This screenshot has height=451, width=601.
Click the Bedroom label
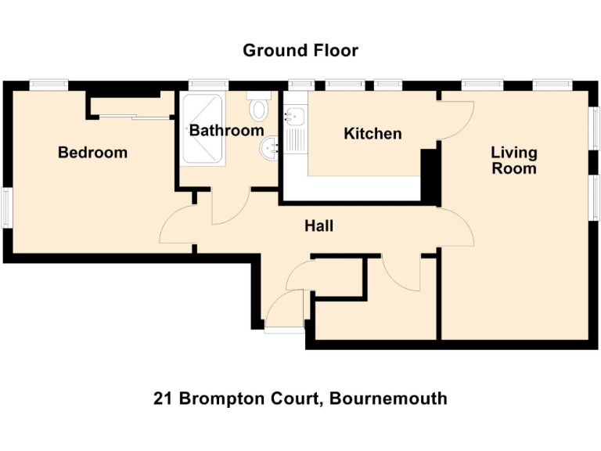(92, 153)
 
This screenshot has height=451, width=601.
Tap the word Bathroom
(226, 131)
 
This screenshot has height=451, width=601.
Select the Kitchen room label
(372, 134)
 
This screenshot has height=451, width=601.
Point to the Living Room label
(513, 160)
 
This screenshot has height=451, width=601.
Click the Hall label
(318, 226)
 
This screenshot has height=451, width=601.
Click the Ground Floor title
(300, 51)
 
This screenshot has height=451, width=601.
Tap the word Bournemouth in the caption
(388, 399)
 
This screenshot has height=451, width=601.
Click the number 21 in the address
(163, 399)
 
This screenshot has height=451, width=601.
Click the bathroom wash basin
(271, 146)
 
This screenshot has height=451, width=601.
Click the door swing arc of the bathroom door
(231, 207)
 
